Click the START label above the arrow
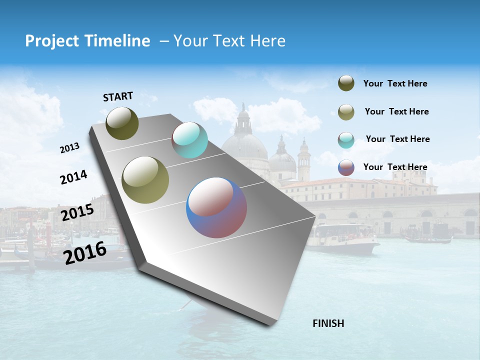[x=118, y=96]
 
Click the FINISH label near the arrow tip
[x=328, y=323]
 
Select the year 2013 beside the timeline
[x=69, y=148]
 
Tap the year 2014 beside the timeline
[x=73, y=177]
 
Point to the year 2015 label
[x=77, y=212]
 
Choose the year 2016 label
[x=85, y=252]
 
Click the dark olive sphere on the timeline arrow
[x=122, y=123]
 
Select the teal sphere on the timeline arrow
[x=189, y=140]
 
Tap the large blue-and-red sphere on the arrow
[x=216, y=207]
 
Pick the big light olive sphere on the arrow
[x=145, y=180]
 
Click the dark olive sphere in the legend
[x=346, y=83]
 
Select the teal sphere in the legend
[x=346, y=139]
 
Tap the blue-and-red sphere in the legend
[x=346, y=167]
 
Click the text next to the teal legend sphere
[x=397, y=139]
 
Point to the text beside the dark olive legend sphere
[x=395, y=83]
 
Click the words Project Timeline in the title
[x=87, y=41]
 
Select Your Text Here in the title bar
[x=229, y=41]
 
